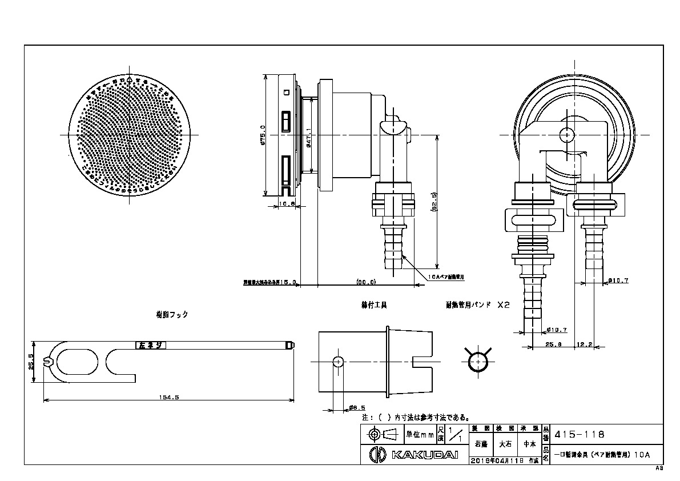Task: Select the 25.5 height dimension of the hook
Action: coord(31,362)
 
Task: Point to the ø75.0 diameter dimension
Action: coord(262,135)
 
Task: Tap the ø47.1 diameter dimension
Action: coord(308,138)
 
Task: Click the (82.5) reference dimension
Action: coord(434,202)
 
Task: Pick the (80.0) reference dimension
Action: coord(366,282)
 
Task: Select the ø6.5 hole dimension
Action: coord(353,408)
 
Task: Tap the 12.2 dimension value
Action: coord(583,345)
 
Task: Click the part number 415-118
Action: coord(580,434)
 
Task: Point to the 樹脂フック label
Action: coord(172,314)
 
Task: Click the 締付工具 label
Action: coord(374,306)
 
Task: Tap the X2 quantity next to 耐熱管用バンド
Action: coord(503,305)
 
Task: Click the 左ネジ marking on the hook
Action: coord(150,345)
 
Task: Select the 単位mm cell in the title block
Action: coord(420,435)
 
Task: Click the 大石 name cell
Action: coord(505,443)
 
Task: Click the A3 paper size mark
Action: coord(659,468)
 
